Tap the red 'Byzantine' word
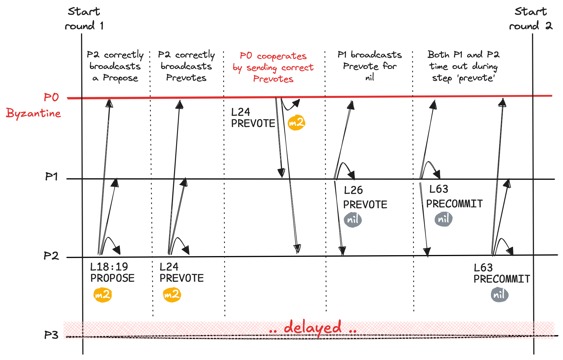(33, 113)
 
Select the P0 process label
(51, 97)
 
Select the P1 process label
(51, 177)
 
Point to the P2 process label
(51, 256)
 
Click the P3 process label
(51, 335)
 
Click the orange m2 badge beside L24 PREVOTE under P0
(296, 123)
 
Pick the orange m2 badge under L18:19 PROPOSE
(103, 295)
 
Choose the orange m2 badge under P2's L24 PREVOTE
(172, 295)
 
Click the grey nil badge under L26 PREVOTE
(353, 220)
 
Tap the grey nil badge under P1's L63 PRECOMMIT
(444, 219)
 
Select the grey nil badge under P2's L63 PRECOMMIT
(500, 295)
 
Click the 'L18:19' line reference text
(109, 267)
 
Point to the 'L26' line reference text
(353, 190)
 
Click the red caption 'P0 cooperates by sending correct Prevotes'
(273, 67)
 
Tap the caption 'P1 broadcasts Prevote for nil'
(370, 66)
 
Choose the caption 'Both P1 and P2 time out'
(463, 66)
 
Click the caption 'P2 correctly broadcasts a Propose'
(115, 66)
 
